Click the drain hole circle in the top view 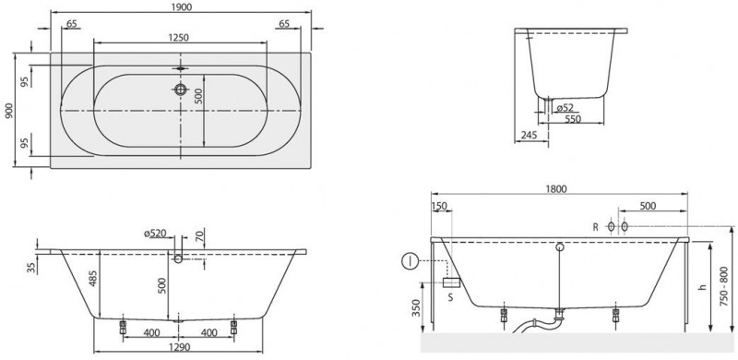pyautogui.click(x=180, y=90)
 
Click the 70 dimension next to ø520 pyautogui.click(x=200, y=234)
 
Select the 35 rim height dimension pyautogui.click(x=32, y=269)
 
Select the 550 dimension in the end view pyautogui.click(x=573, y=120)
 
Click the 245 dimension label pyautogui.click(x=529, y=136)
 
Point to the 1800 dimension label pyautogui.click(x=555, y=189)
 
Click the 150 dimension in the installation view pyautogui.click(x=438, y=207)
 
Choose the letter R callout pyautogui.click(x=595, y=225)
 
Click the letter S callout pyautogui.click(x=449, y=297)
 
